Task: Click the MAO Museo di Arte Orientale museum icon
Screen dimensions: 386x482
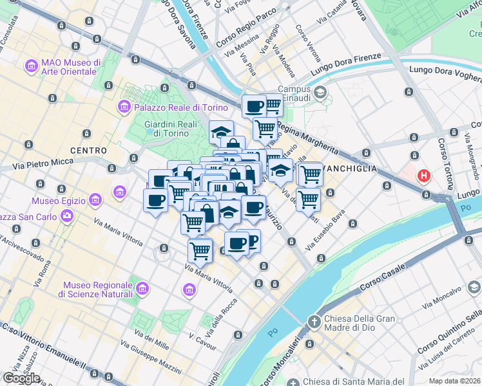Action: point(30,66)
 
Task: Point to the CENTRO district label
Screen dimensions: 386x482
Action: point(88,150)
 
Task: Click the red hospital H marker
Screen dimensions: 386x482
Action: point(424,175)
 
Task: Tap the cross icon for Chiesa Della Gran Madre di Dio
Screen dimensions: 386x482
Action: point(314,321)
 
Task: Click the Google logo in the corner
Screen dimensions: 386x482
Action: point(21,378)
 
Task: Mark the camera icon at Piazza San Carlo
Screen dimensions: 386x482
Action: point(67,216)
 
